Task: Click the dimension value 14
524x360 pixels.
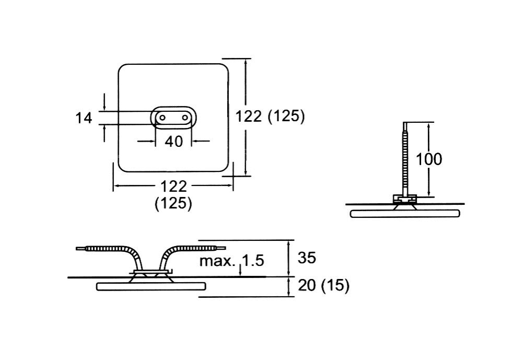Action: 84,118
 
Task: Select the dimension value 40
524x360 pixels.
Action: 174,141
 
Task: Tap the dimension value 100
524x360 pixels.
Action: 428,159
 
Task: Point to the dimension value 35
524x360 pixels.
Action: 307,257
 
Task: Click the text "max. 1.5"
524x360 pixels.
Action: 232,261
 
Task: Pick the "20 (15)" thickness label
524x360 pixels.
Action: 323,286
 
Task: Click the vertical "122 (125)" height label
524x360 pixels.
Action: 270,116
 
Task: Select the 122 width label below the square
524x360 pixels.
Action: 173,185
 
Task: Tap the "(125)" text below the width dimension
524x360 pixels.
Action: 173,203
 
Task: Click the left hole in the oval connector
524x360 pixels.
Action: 162,118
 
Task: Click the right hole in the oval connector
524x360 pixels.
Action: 185,118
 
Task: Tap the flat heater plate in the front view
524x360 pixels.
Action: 151,286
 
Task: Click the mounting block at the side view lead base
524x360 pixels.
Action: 404,199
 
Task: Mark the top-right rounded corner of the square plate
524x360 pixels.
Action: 223,69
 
